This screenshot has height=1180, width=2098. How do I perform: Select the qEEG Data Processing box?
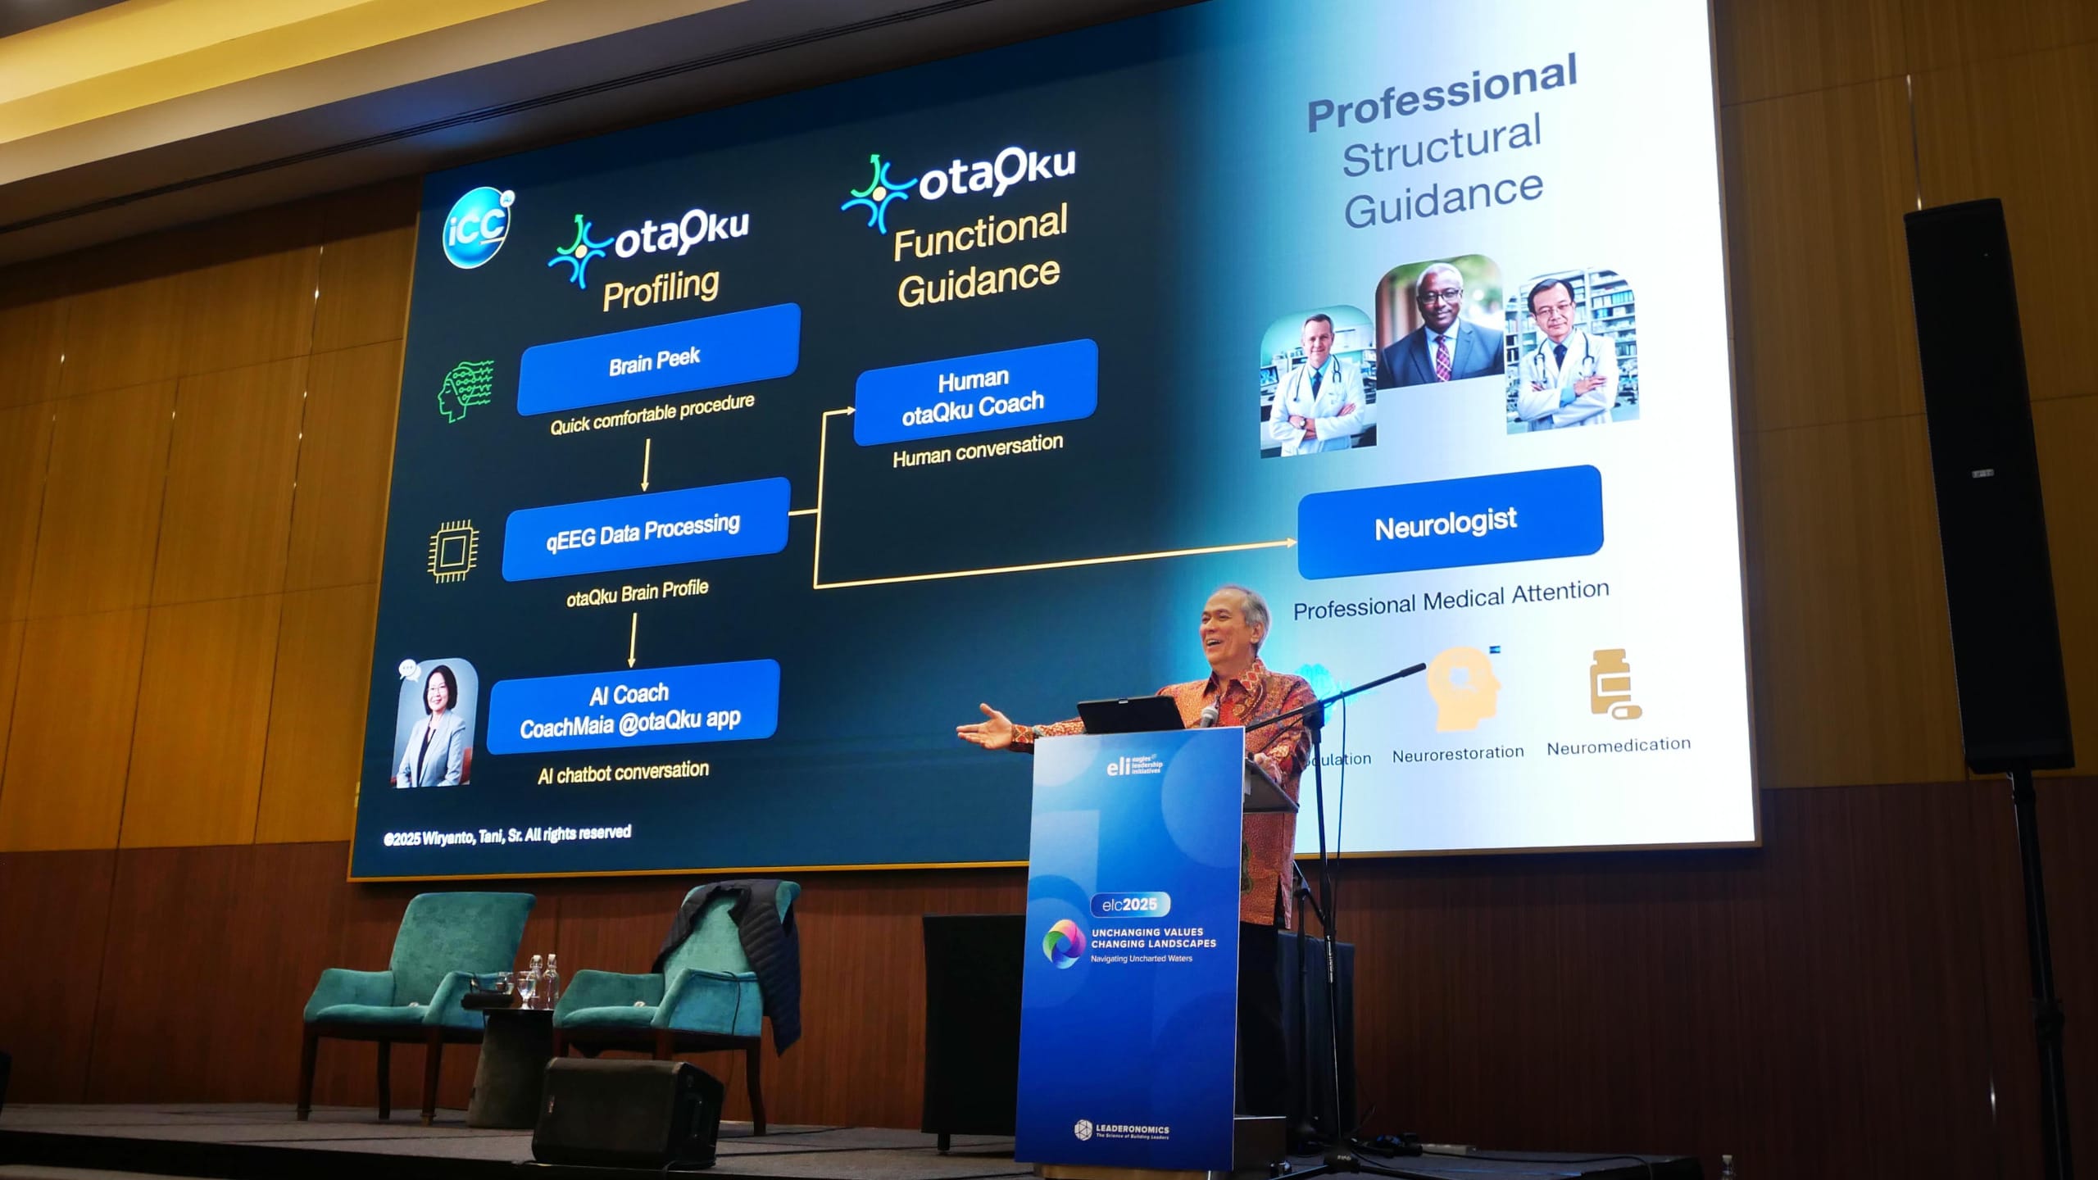click(645, 529)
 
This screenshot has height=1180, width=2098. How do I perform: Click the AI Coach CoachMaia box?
click(632, 706)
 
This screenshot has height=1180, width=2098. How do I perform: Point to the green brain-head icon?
click(465, 391)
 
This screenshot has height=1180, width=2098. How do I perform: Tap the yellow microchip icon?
click(453, 551)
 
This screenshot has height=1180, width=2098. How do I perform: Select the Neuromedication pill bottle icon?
click(1611, 684)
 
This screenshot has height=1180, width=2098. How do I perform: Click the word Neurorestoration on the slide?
click(1458, 753)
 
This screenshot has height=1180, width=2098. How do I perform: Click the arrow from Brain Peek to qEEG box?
click(646, 465)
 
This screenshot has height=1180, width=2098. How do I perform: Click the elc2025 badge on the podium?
click(1129, 905)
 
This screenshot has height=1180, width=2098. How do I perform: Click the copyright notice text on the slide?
click(507, 835)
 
